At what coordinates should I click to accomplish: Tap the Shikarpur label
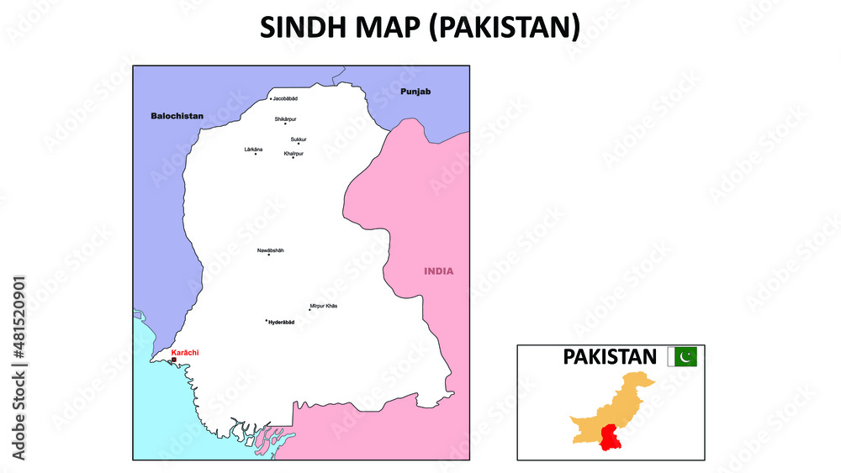point(286,119)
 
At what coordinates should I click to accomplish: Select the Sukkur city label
point(299,139)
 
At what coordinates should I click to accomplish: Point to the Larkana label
point(253,149)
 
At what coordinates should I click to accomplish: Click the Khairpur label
point(294,153)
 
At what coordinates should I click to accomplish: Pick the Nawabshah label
point(270,250)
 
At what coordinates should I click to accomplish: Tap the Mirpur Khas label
point(324,306)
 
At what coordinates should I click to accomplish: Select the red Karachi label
point(185,353)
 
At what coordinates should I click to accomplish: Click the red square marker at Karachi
point(174,360)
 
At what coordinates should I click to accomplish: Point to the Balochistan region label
point(177,116)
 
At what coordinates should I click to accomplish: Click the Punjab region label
point(415,91)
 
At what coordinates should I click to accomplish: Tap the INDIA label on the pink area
point(438,271)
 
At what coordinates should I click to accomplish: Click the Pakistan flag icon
point(682,357)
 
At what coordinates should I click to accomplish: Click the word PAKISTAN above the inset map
point(610,357)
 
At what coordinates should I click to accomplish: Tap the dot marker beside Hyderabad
point(267,320)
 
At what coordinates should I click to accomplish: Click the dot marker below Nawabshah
point(269,255)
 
